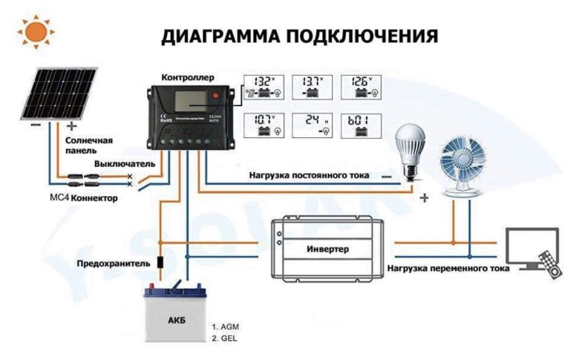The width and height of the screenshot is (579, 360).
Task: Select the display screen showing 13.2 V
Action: (263, 88)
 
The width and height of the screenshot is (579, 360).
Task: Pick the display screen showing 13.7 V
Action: (313, 88)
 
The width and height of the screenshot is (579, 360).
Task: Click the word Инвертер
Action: (327, 249)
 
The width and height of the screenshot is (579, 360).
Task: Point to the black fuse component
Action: (160, 263)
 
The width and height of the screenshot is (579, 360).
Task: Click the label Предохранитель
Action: (111, 264)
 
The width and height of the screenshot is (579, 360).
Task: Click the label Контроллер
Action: (187, 76)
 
